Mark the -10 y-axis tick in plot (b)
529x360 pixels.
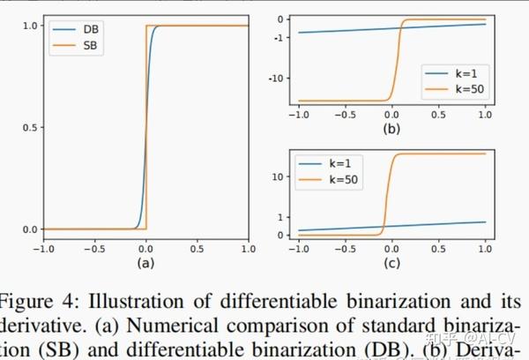click(x=278, y=79)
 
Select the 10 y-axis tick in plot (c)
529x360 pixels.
click(x=279, y=176)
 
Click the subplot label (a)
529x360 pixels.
click(x=145, y=263)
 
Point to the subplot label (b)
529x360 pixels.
click(x=391, y=130)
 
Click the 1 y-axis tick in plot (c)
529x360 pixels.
click(x=282, y=216)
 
